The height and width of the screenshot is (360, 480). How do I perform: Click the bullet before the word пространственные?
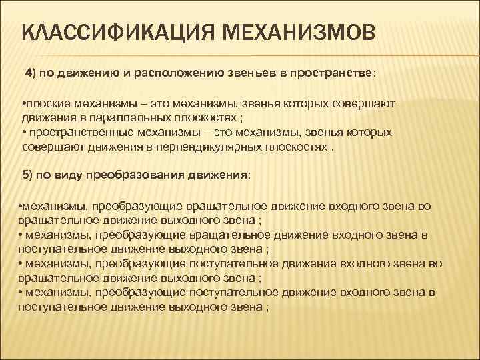(24, 133)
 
